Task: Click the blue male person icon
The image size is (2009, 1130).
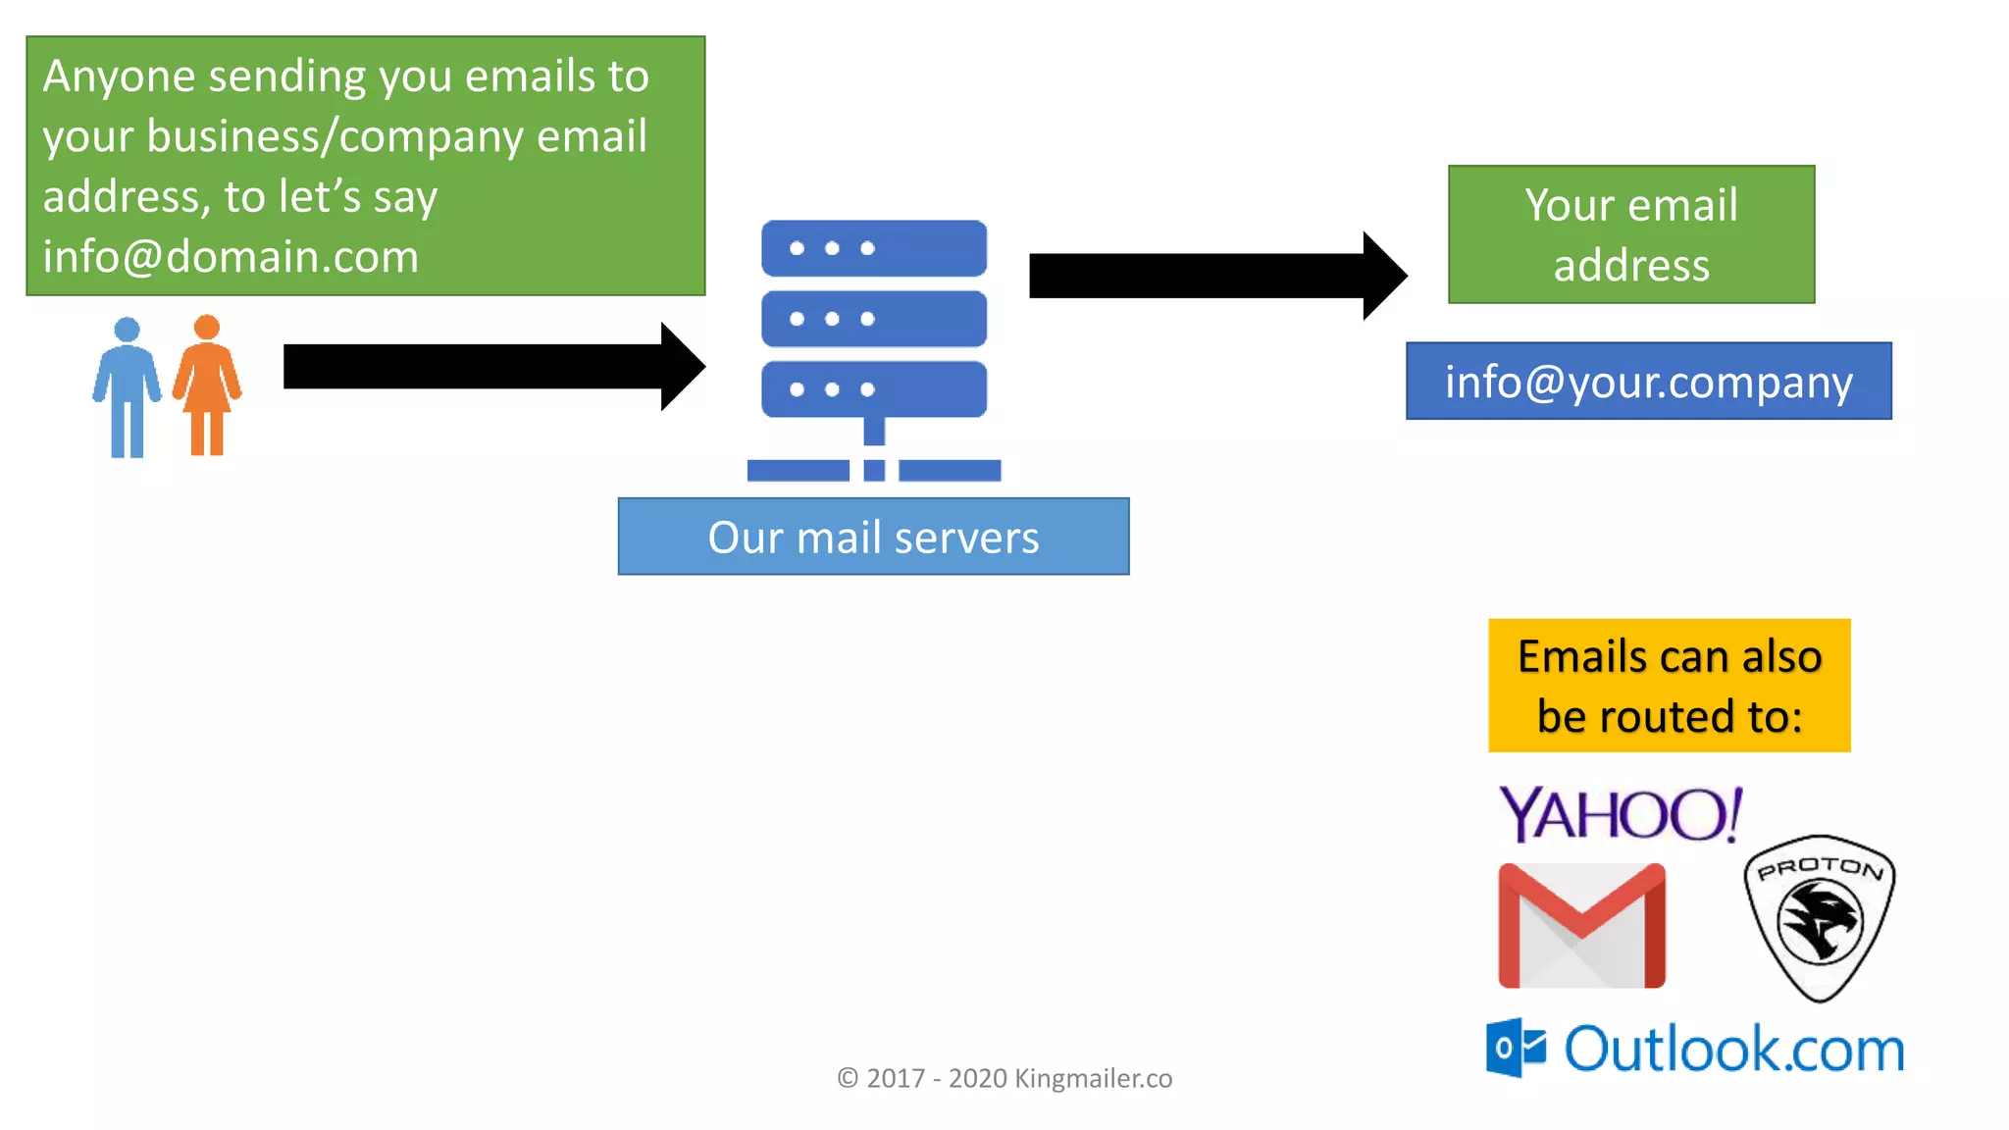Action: pyautogui.click(x=127, y=386)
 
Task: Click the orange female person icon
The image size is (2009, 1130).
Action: pyautogui.click(x=207, y=385)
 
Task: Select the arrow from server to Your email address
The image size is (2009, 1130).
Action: pyautogui.click(x=1216, y=276)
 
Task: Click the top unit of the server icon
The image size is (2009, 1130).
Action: pyautogui.click(x=874, y=248)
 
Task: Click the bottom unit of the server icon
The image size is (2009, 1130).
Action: pyautogui.click(x=874, y=389)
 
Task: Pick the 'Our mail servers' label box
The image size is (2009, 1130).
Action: pyautogui.click(x=873, y=537)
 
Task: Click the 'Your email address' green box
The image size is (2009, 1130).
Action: pyautogui.click(x=1630, y=234)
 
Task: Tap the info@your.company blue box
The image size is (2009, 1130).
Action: pyautogui.click(x=1648, y=382)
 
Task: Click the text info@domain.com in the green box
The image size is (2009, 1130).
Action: pyautogui.click(x=231, y=257)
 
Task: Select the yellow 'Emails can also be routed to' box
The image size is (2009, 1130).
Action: pyautogui.click(x=1669, y=686)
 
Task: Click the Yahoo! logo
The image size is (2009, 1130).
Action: pyautogui.click(x=1621, y=814)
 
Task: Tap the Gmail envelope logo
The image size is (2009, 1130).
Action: pyautogui.click(x=1581, y=926)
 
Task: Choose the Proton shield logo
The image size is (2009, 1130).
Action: pyautogui.click(x=1820, y=918)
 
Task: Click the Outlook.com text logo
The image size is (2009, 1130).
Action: pyautogui.click(x=1733, y=1050)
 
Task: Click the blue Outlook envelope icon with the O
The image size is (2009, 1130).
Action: pyautogui.click(x=1516, y=1048)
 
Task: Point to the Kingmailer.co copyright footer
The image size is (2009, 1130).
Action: pyautogui.click(x=1004, y=1078)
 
